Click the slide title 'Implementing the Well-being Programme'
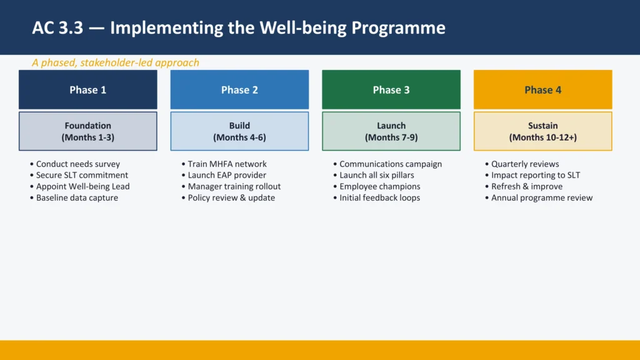pos(239,28)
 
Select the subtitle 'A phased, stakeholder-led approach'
pos(116,62)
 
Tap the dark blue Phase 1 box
pos(87,90)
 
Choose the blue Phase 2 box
pos(239,90)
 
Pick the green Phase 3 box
pos(391,90)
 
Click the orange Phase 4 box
pos(542,90)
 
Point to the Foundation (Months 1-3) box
pos(87,131)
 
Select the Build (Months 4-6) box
pos(239,131)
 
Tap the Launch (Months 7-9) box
pos(391,131)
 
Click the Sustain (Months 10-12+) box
pos(542,131)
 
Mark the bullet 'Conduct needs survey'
pos(77,164)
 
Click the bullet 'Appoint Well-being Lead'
pos(82,187)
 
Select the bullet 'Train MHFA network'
pos(227,164)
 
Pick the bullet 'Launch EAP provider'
pos(227,176)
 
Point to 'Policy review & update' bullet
pos(231,198)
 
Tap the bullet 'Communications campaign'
pos(390,164)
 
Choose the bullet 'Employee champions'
pos(379,187)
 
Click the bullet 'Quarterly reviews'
pos(525,164)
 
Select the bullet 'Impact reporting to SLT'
pos(535,176)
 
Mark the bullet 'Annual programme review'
pos(541,198)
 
